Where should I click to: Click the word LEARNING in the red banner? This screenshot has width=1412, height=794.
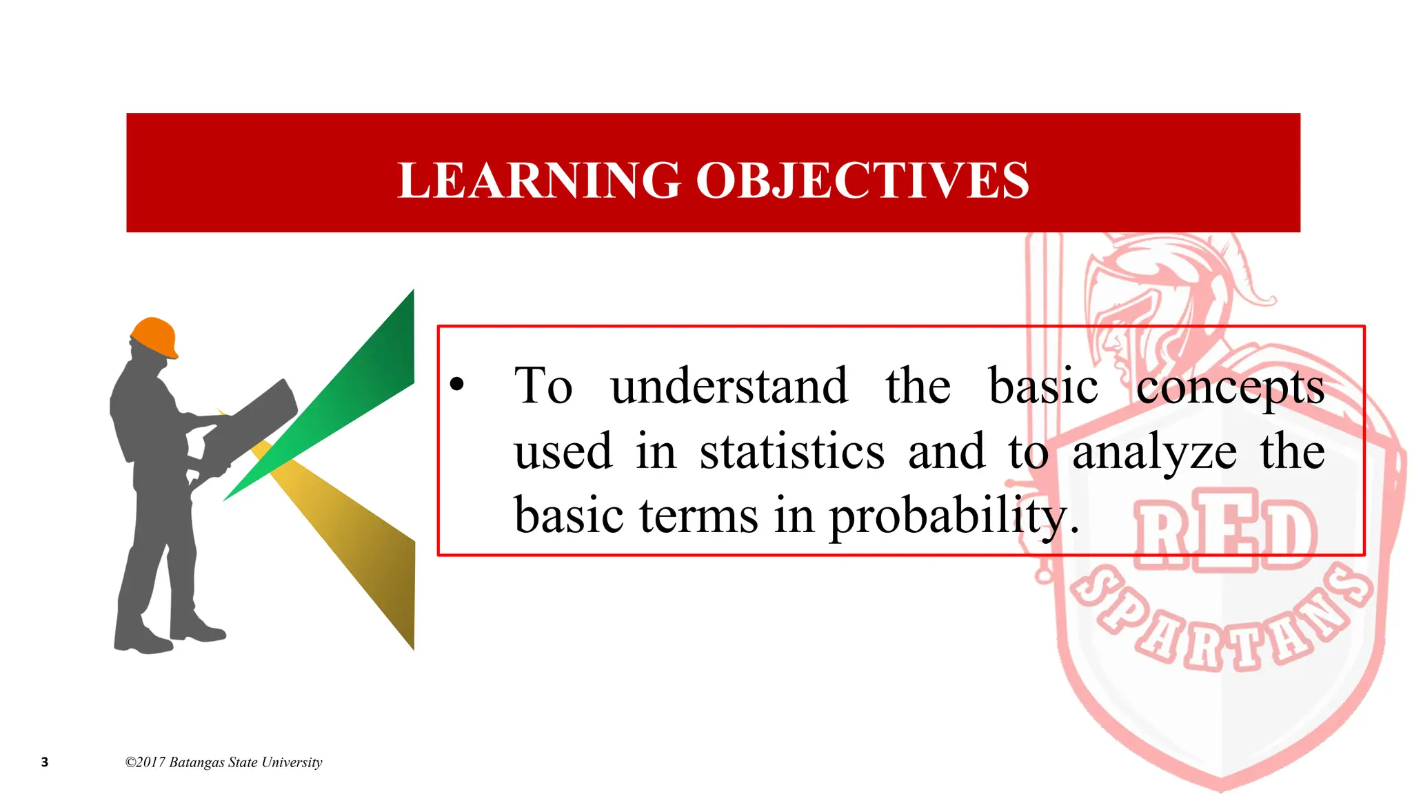coord(538,181)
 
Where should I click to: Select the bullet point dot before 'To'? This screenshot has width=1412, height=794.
coord(456,385)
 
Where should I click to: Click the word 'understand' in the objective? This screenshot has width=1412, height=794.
coord(729,386)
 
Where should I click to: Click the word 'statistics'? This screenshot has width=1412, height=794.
coord(791,452)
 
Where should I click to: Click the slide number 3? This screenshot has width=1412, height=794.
coord(45,762)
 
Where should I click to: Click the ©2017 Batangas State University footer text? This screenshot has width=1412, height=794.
coord(223,762)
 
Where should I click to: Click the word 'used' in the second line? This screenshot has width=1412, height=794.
coord(563,452)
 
